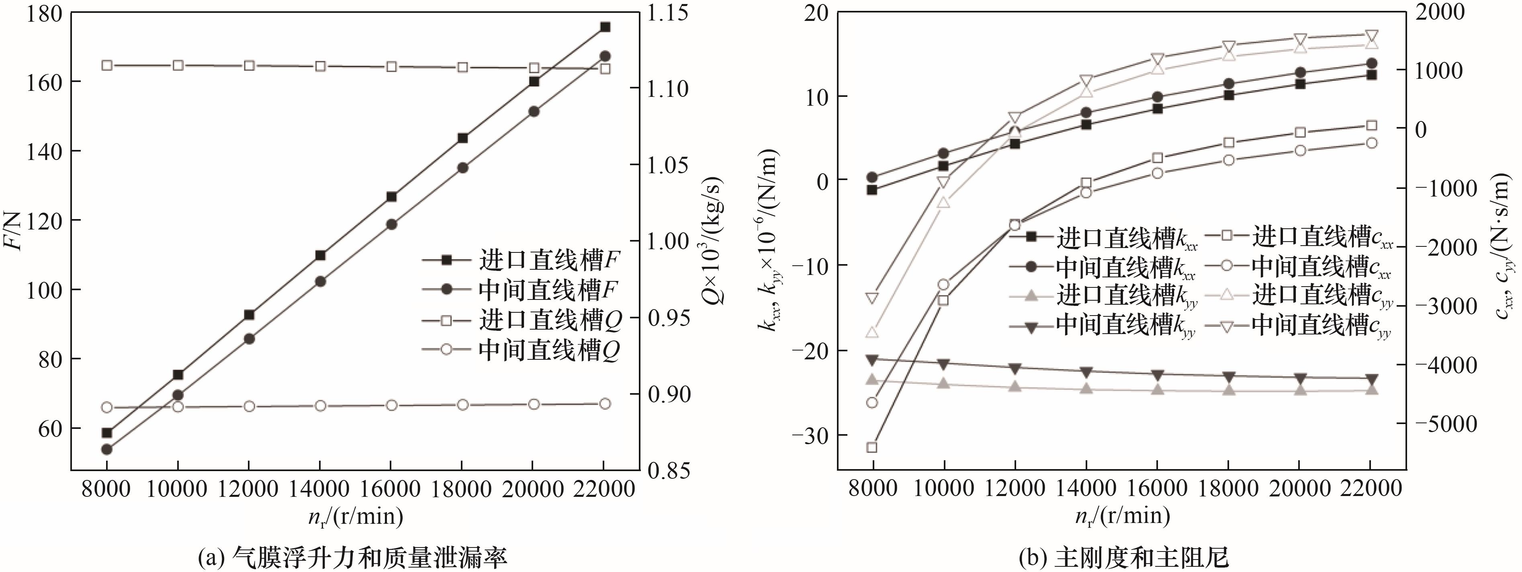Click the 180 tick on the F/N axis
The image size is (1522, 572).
[44, 13]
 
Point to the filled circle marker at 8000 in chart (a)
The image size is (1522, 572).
[107, 449]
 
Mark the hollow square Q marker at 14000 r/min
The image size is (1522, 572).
[320, 66]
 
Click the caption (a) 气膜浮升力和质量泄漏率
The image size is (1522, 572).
[353, 557]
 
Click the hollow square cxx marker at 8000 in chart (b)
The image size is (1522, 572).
[872, 447]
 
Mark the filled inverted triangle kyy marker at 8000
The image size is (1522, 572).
[872, 359]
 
